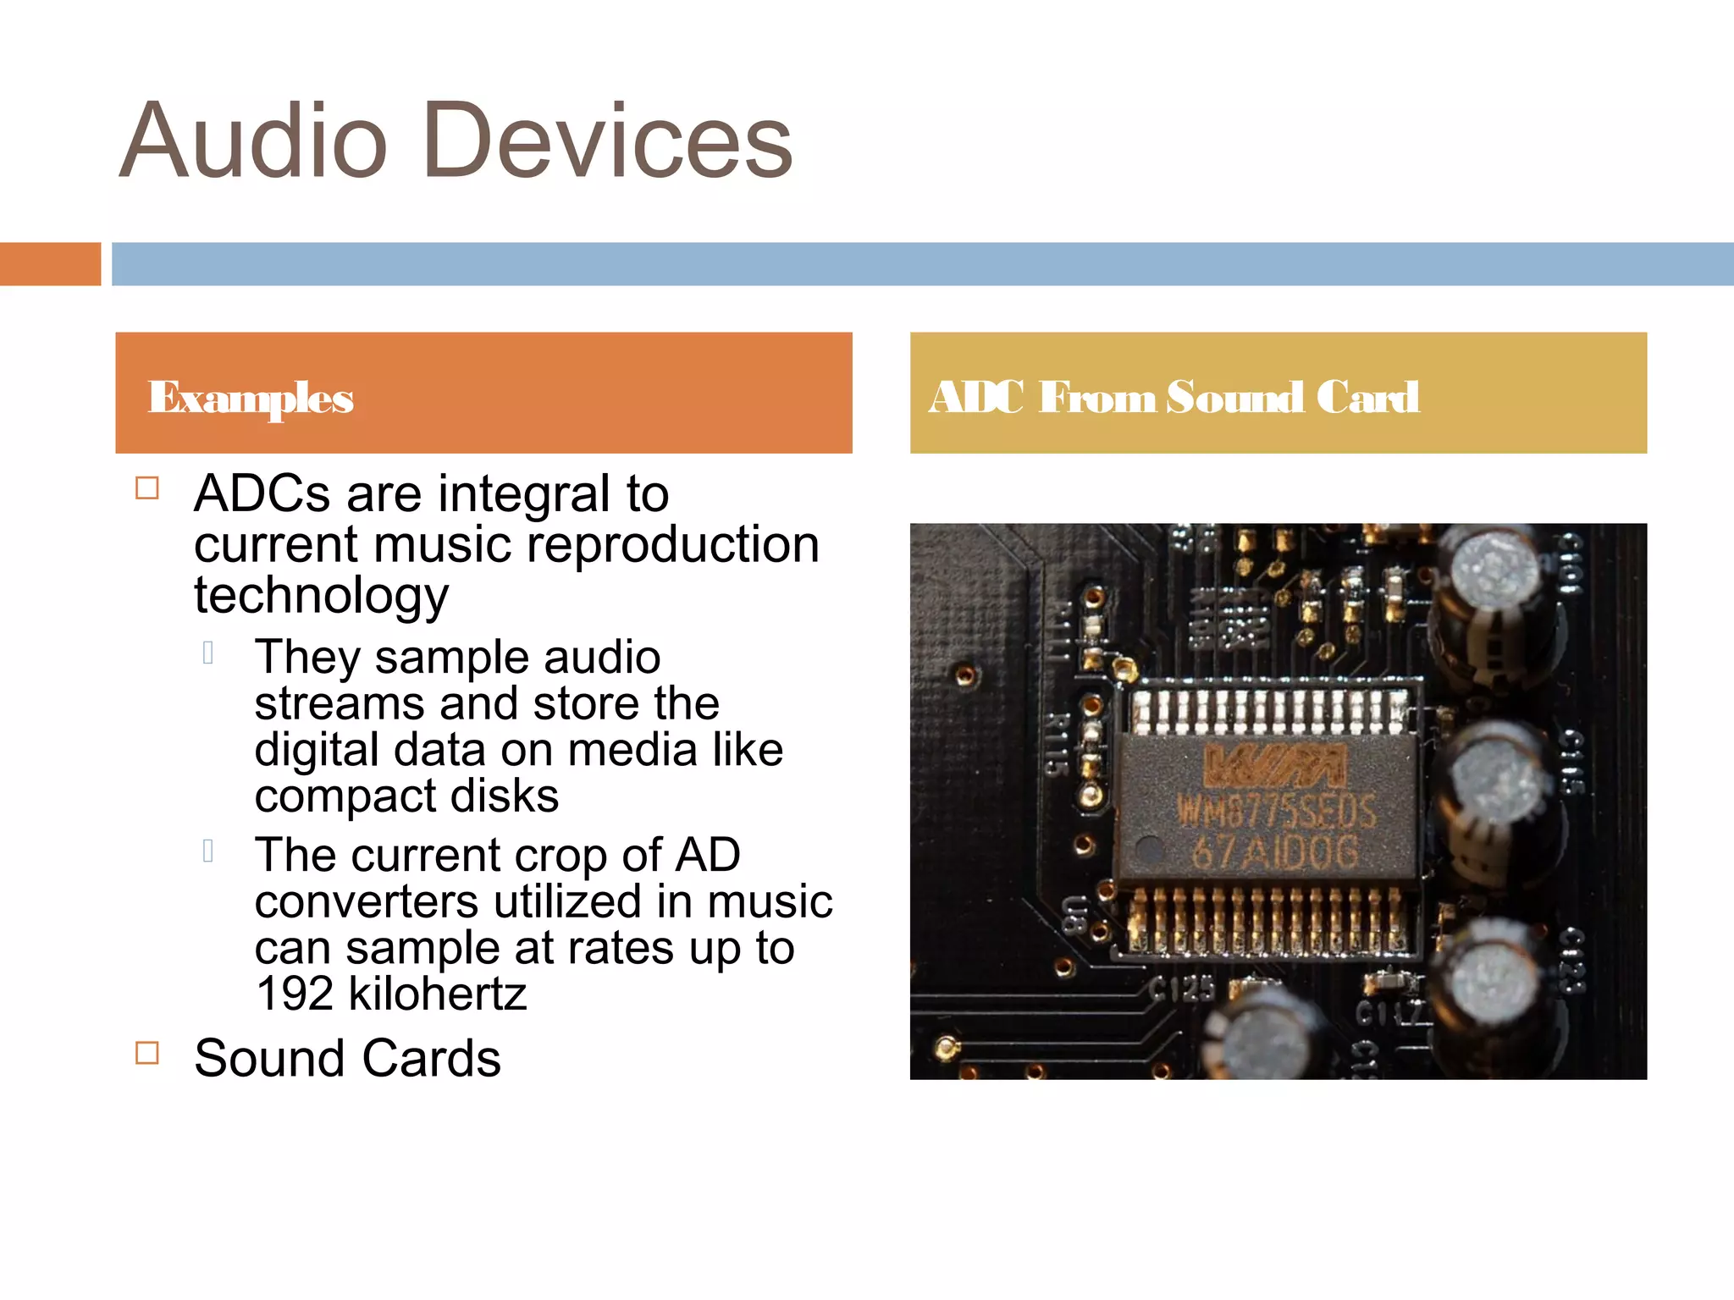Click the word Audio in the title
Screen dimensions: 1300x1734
click(253, 140)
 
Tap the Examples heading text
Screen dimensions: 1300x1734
click(251, 397)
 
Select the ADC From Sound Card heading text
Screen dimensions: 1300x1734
click(1173, 397)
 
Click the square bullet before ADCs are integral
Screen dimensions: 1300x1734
click(147, 488)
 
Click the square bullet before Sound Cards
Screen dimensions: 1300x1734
click(147, 1052)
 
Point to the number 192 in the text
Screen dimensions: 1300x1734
click(295, 994)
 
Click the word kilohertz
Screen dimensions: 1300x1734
click(438, 994)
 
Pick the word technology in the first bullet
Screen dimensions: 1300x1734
click(321, 595)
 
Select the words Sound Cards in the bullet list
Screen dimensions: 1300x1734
click(347, 1058)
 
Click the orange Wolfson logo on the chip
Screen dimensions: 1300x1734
click(1274, 765)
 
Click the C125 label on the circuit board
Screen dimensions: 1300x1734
click(1182, 988)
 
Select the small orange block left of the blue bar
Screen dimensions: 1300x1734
click(50, 264)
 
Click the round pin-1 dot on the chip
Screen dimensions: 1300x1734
click(1149, 847)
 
